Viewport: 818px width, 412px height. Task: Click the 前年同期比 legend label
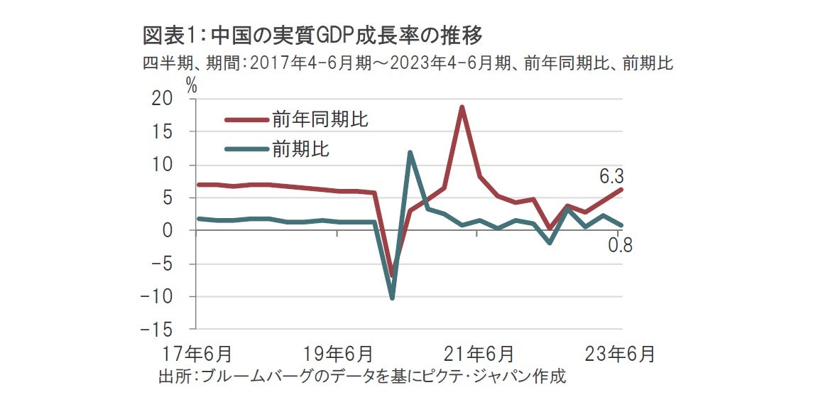[x=320, y=119]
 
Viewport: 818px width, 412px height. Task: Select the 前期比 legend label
[x=300, y=149]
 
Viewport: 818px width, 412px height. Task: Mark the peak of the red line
[x=462, y=107]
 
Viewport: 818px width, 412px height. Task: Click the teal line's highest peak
[x=410, y=152]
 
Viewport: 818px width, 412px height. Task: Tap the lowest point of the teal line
[x=392, y=298]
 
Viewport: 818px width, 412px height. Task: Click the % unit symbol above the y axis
[x=191, y=85]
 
